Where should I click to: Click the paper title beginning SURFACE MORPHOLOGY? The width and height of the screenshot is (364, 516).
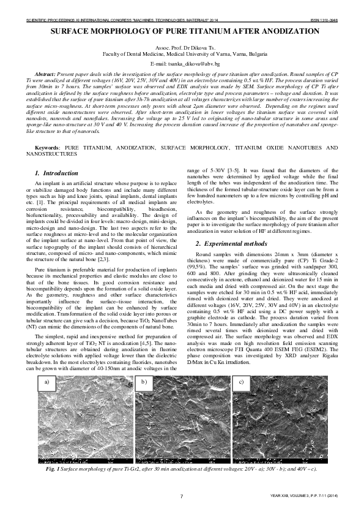click(182, 31)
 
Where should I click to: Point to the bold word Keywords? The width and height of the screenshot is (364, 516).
click(47, 148)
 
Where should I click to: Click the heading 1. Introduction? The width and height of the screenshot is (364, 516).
click(56, 173)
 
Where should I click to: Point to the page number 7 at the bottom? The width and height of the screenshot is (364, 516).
click(182, 496)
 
